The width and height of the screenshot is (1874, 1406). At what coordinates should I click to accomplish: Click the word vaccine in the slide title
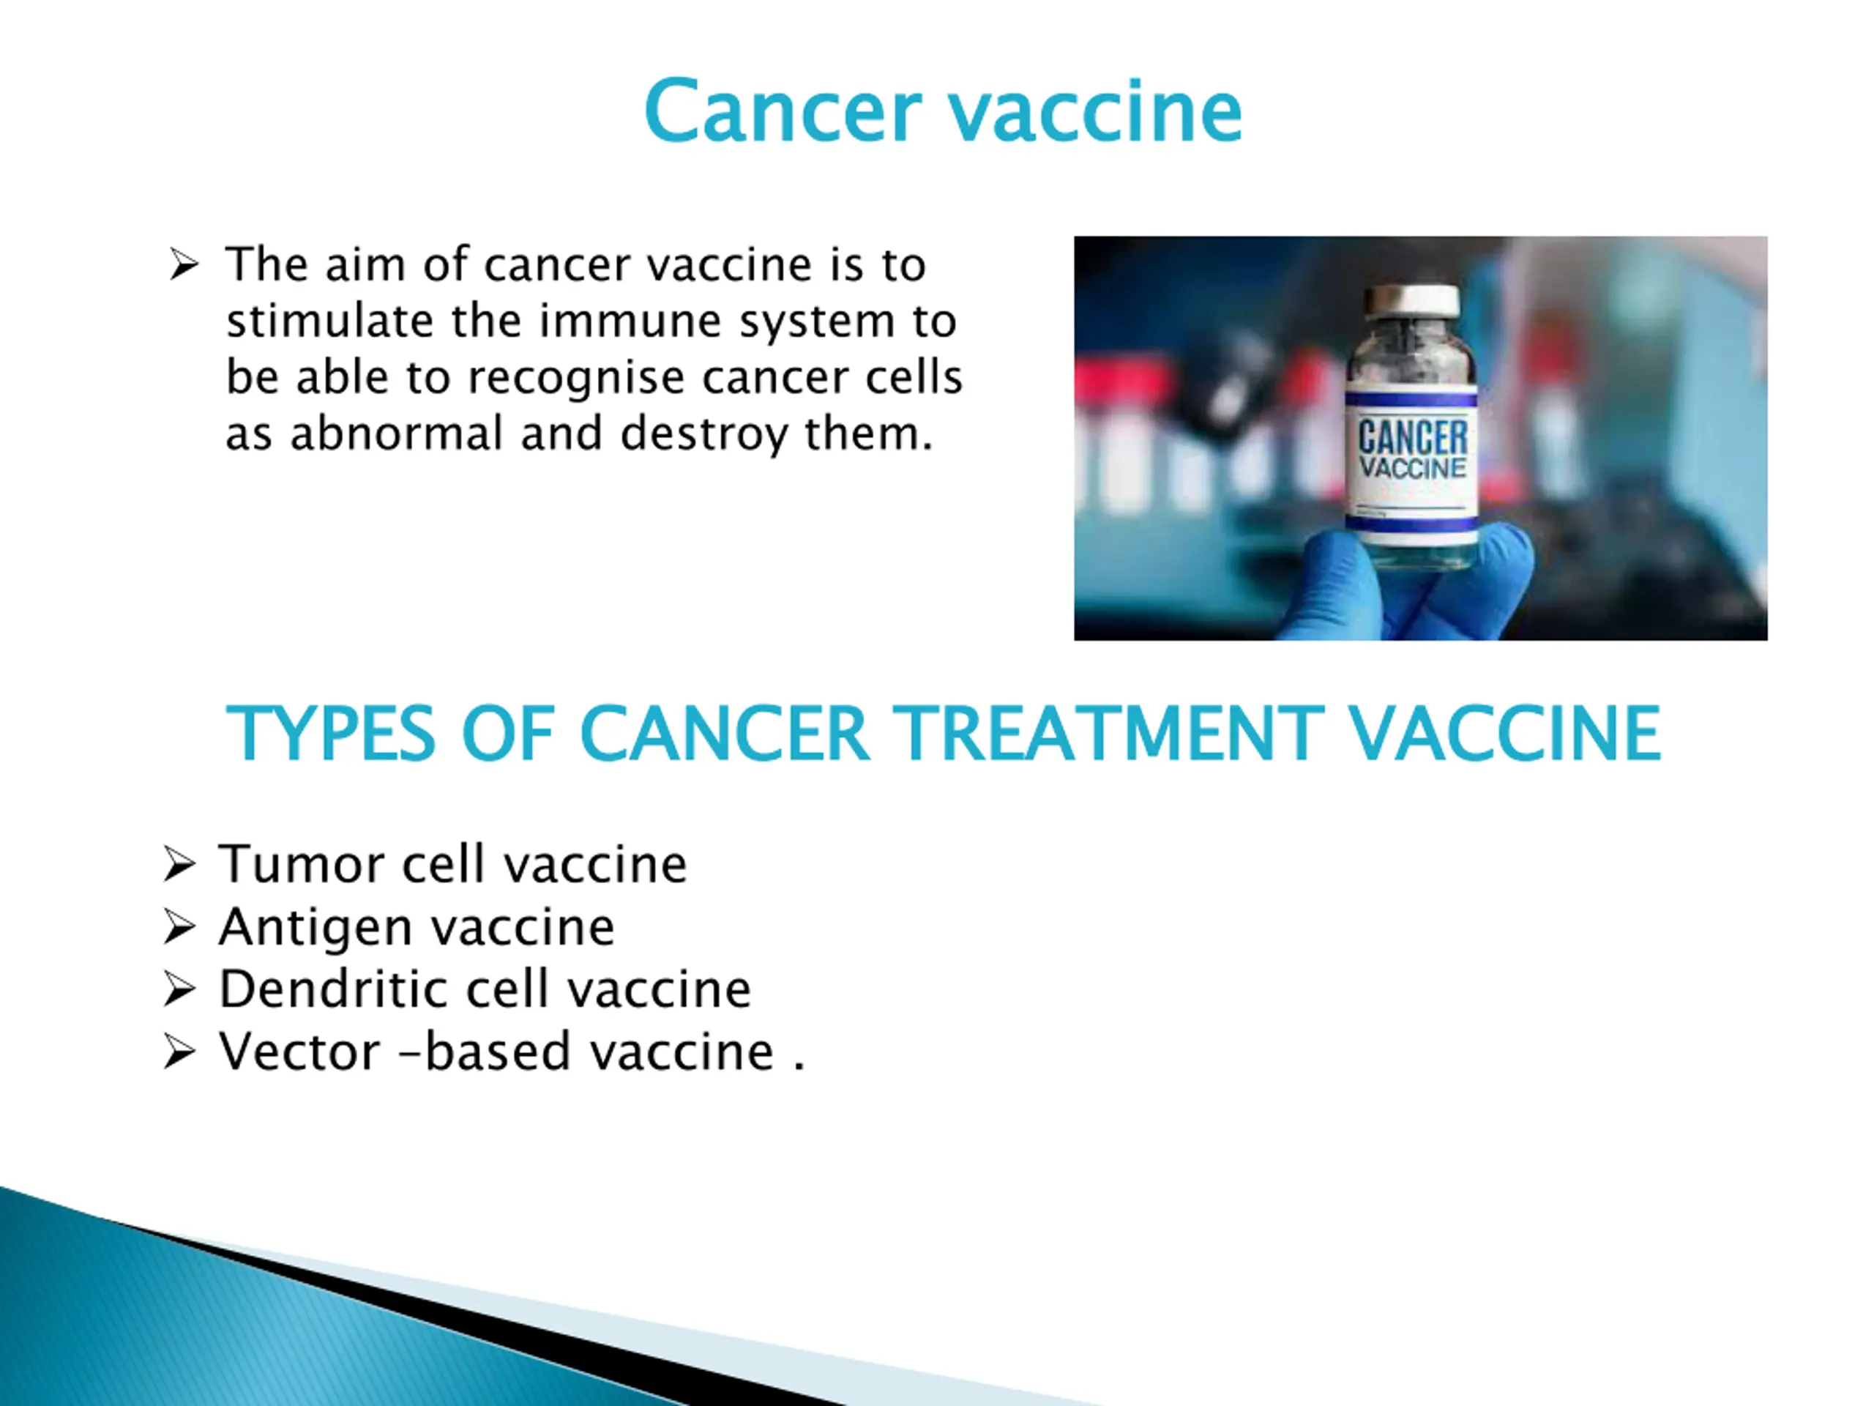click(x=1095, y=111)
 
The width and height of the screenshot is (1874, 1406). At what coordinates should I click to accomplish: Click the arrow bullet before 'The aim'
click(x=183, y=264)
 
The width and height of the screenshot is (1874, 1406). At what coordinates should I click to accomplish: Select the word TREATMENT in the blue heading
click(x=1109, y=733)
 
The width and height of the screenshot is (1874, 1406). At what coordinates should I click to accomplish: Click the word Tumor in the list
click(x=302, y=864)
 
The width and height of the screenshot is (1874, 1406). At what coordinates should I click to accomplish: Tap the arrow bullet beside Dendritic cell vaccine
click(x=179, y=989)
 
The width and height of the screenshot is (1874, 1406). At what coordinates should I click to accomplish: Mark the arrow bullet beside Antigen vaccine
click(x=179, y=926)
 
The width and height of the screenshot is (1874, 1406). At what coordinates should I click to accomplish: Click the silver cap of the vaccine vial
click(x=1411, y=302)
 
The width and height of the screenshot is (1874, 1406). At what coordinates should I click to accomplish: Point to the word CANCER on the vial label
click(x=1412, y=437)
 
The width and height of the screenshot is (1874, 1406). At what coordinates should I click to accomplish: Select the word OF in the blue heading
click(x=507, y=733)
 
